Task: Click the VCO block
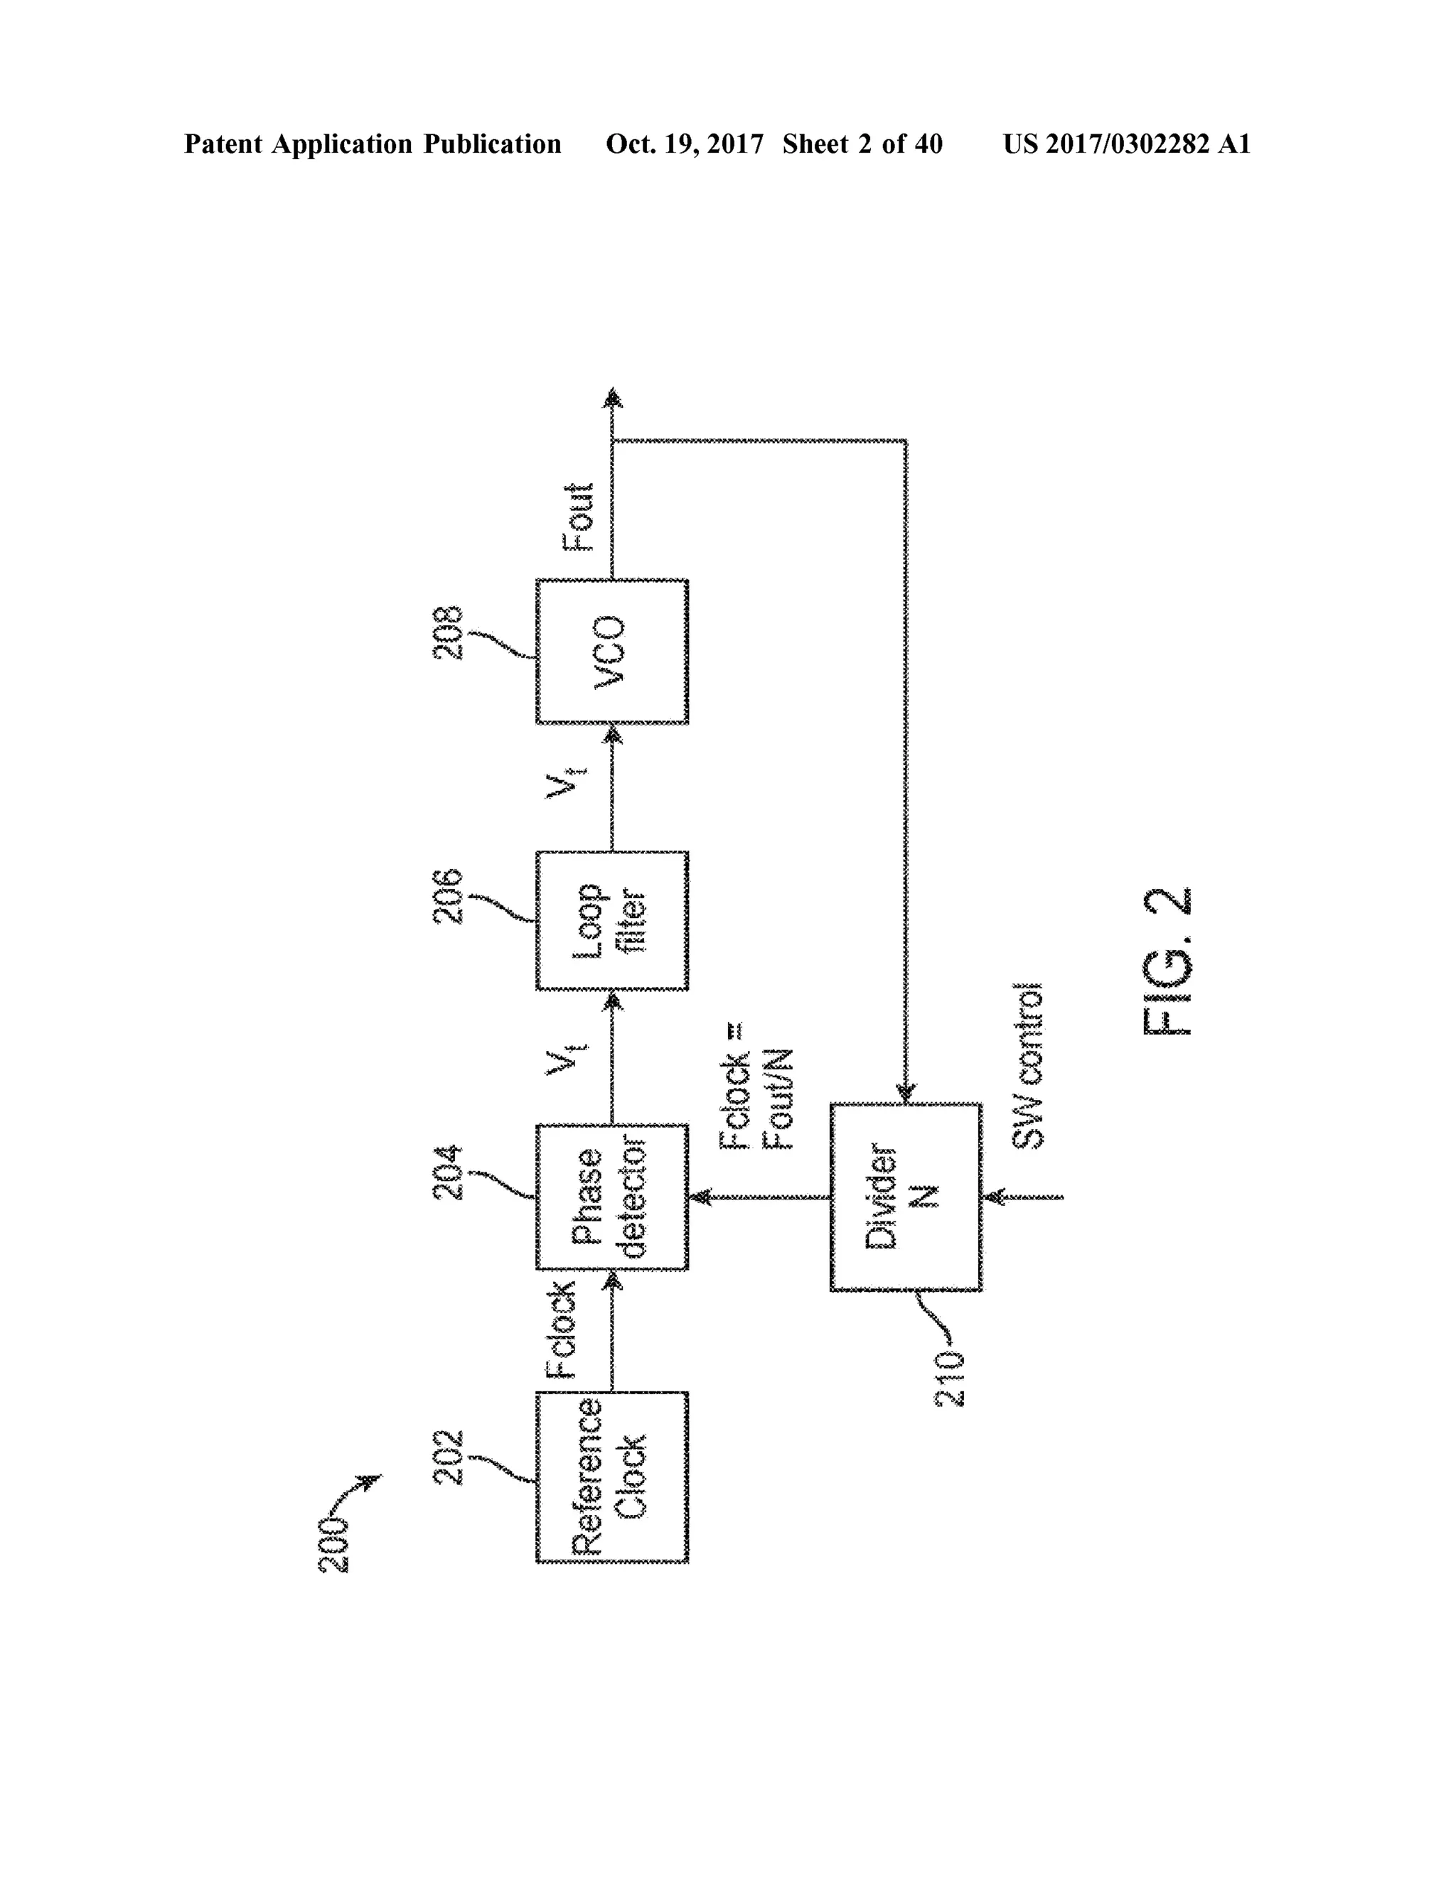tap(611, 651)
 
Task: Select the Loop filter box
tap(611, 920)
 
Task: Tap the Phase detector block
tap(611, 1196)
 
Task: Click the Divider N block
tap(906, 1197)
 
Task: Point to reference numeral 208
tap(449, 633)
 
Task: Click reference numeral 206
tap(449, 897)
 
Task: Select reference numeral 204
tap(449, 1172)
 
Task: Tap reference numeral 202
tap(449, 1457)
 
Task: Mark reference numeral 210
tap(951, 1379)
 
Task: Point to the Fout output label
tap(579, 517)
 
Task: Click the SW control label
tap(1027, 1066)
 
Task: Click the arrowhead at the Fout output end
tap(612, 397)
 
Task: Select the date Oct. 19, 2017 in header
tap(684, 144)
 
